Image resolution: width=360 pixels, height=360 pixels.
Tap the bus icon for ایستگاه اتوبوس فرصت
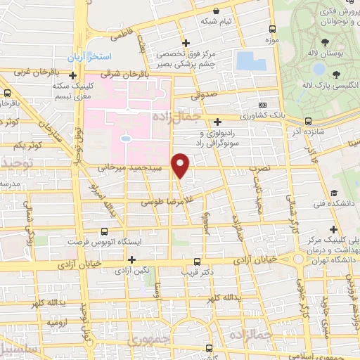pos(103,231)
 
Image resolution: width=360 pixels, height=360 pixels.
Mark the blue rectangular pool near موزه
pos(250,60)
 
